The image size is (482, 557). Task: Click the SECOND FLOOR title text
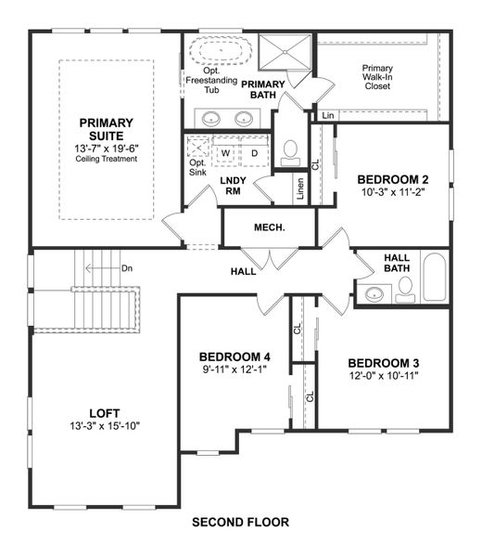(240, 522)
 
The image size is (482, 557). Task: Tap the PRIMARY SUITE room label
(107, 129)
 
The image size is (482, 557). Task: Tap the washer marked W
(225, 152)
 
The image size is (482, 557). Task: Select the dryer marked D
(254, 152)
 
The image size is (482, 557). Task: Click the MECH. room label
(269, 227)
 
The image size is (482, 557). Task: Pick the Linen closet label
(300, 188)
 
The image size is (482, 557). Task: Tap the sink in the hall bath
(374, 294)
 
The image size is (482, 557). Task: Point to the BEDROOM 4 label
(235, 356)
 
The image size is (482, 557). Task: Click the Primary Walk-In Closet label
(377, 76)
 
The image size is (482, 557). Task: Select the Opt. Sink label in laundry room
(197, 167)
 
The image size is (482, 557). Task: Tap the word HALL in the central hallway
(245, 272)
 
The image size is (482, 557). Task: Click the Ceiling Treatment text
(107, 159)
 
